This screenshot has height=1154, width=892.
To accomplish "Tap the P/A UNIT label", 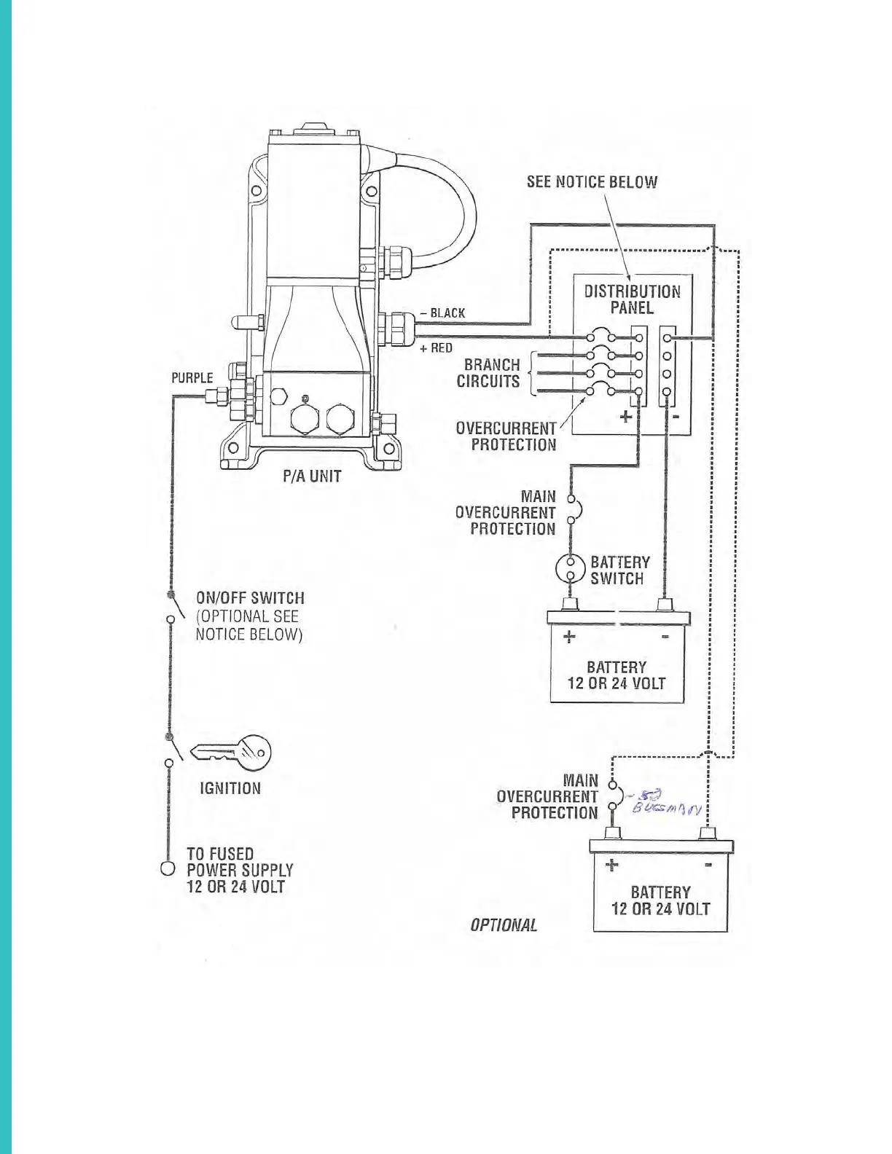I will pos(312,477).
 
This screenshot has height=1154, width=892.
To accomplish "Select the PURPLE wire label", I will pos(192,377).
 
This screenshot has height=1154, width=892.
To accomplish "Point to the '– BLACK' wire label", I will pos(443,313).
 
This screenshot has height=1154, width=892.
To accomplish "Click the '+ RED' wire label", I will pos(437,348).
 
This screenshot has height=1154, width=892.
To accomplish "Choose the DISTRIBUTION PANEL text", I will pos(632,299).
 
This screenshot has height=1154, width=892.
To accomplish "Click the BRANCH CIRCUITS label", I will pos(489,373).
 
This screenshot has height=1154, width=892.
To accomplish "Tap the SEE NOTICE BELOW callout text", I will pos(592,181).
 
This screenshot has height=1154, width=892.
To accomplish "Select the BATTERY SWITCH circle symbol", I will pos(571,570).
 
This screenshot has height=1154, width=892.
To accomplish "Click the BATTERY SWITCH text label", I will pos(619,570).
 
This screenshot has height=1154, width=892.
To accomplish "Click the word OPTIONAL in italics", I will pos(504,925).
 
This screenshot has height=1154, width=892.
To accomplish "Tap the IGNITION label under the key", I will pos(230,788).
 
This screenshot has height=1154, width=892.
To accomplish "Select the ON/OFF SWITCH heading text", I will pos(250,598).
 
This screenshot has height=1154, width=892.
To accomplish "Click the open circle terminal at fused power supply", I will pos(168,869).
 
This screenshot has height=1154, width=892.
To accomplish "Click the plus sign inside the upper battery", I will pos(569,637).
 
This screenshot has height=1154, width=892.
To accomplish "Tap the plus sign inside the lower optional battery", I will pos(612,865).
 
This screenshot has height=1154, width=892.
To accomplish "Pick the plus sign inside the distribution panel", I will pos(625,417).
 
